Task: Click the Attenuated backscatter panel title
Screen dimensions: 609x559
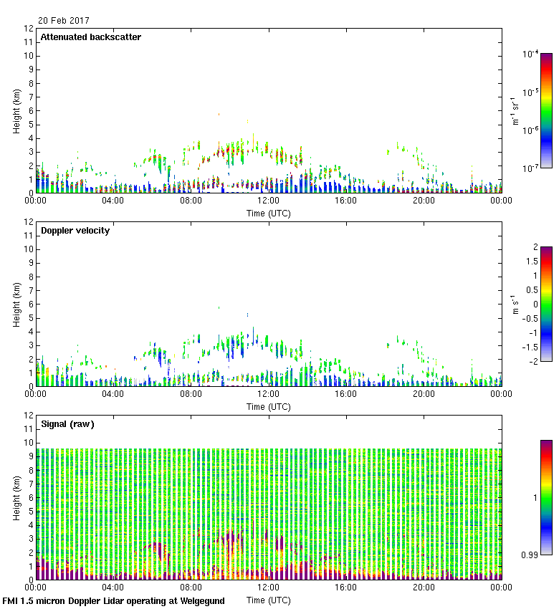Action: point(90,37)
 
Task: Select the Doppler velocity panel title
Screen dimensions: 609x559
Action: point(75,231)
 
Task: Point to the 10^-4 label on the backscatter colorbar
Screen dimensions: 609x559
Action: point(531,54)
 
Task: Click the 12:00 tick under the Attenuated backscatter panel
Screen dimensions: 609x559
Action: point(269,201)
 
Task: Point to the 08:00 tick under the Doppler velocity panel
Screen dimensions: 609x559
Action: point(191,395)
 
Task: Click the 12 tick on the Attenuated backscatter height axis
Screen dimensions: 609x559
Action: point(29,29)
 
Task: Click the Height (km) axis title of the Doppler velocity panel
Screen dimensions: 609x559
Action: point(16,304)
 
